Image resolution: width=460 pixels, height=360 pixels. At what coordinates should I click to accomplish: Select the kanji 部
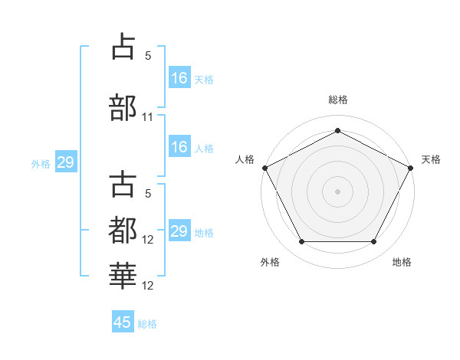tap(123, 107)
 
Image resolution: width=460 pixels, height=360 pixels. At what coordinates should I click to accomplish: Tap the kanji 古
tap(123, 185)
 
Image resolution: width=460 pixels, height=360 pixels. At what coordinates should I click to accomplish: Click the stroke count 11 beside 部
tap(148, 117)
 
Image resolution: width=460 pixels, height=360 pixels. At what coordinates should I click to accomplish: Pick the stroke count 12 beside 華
tap(149, 285)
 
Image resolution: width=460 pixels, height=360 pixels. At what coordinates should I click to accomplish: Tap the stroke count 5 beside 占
tap(148, 56)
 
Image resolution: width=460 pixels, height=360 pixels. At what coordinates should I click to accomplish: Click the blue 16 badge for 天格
tap(179, 77)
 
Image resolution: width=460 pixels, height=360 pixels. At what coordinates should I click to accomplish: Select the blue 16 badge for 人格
tap(179, 148)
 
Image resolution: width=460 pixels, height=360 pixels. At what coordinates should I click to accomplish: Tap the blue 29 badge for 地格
tap(179, 231)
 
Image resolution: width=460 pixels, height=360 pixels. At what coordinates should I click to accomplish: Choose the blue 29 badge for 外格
tap(65, 162)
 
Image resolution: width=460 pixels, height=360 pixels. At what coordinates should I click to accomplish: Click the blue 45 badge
tap(123, 322)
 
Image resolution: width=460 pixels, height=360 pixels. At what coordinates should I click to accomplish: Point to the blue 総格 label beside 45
tap(147, 324)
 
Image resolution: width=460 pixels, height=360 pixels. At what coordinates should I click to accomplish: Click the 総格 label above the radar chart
tap(337, 100)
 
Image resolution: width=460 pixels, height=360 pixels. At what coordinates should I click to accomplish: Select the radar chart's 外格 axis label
tap(270, 263)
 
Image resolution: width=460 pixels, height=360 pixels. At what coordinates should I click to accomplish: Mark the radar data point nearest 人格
tap(264, 168)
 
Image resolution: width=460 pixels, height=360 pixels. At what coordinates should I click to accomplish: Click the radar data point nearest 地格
tap(374, 242)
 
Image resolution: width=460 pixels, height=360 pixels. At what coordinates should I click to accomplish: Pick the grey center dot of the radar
tap(337, 191)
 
